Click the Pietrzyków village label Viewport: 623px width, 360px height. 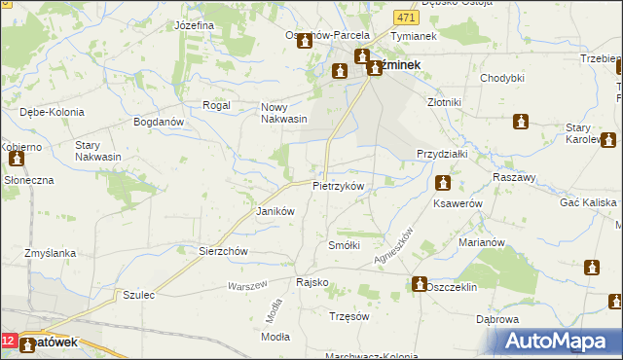click(338, 185)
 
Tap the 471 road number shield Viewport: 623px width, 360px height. click(407, 18)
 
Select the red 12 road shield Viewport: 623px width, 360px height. click(9, 342)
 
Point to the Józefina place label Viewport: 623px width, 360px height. click(194, 25)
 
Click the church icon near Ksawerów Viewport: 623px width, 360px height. click(443, 182)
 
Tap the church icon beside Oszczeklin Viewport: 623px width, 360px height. click(419, 284)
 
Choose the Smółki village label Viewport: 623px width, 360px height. click(345, 245)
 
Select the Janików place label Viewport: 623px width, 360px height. click(274, 211)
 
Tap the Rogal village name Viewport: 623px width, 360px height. click(214, 105)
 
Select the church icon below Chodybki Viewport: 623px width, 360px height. click(521, 122)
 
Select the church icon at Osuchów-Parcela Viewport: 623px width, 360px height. click(304, 42)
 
